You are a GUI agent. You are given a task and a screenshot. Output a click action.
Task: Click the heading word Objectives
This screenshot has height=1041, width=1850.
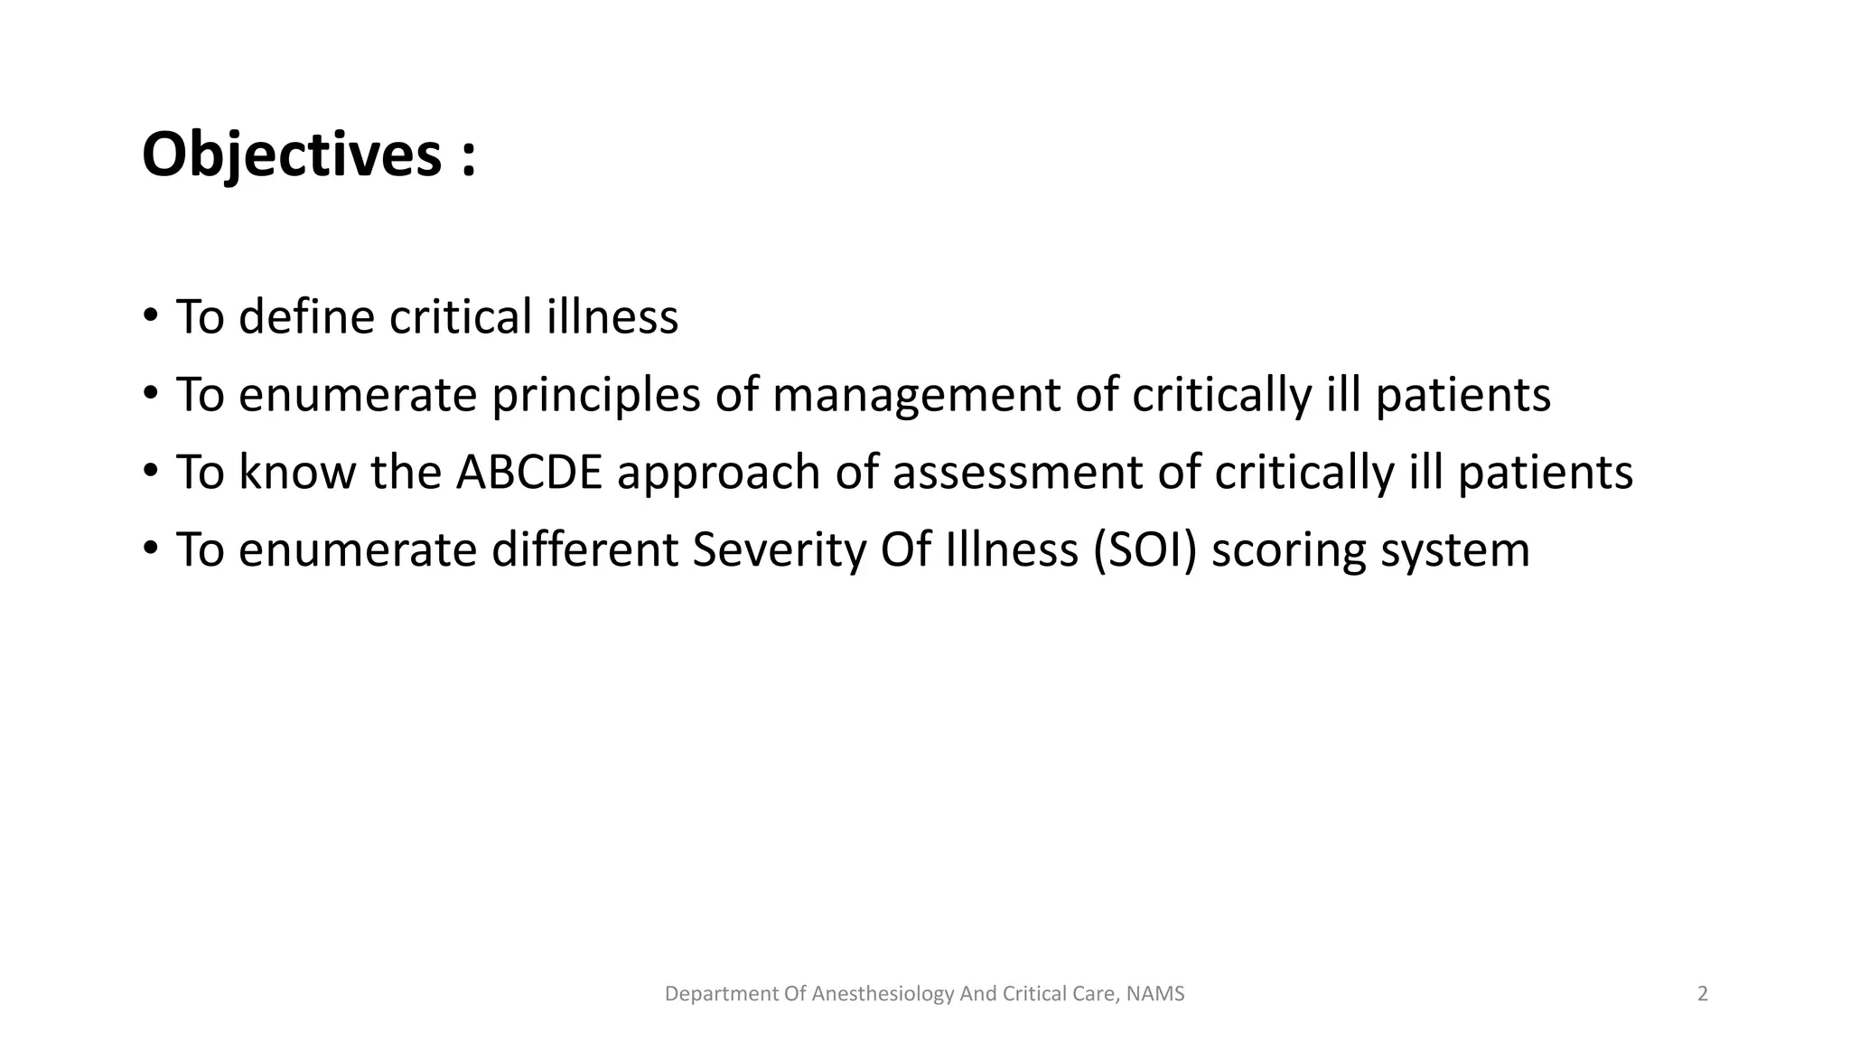291,155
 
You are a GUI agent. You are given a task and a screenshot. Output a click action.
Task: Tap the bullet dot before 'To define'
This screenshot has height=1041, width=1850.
150,316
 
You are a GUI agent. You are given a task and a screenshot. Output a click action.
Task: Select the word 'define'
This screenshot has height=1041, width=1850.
306,317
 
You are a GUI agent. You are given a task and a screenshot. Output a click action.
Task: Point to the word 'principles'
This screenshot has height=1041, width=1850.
595,396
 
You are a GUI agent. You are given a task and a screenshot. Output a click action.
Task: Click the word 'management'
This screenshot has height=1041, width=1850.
916,396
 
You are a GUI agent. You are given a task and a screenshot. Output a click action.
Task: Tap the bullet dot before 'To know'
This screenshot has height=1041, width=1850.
150,472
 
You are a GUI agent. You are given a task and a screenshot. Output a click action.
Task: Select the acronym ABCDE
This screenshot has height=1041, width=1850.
528,473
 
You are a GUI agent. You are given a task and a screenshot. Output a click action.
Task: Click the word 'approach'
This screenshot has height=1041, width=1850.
718,474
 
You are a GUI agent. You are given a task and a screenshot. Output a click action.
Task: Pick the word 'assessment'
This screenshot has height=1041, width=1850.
1017,473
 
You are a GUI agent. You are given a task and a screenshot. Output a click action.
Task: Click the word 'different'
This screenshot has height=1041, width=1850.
584,550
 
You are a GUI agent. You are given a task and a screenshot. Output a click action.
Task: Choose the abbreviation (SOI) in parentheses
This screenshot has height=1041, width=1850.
1145,550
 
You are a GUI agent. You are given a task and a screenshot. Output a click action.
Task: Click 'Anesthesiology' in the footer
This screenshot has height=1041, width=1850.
883,994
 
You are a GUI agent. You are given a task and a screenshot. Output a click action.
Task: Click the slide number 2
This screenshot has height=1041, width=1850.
1703,994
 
